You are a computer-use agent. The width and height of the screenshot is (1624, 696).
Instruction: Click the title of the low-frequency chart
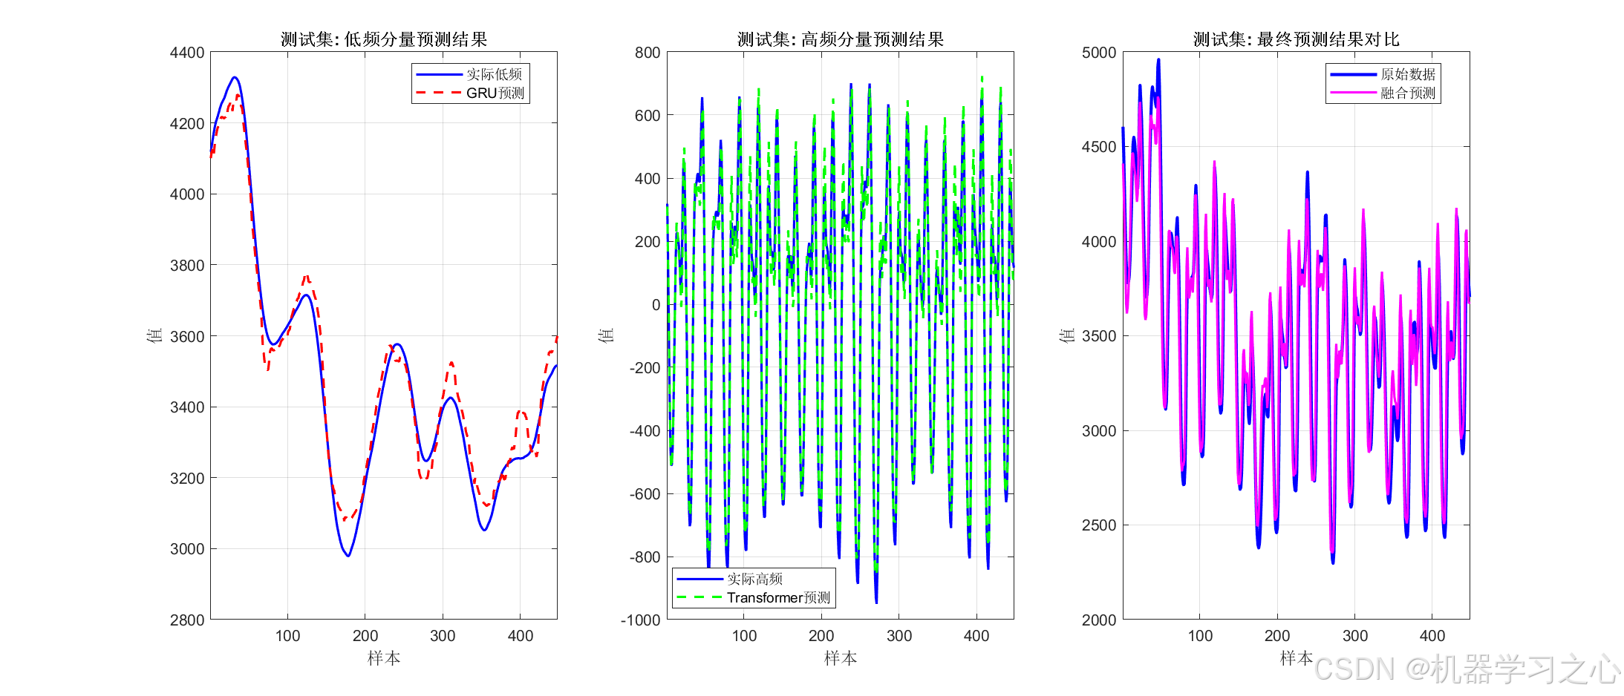pos(383,39)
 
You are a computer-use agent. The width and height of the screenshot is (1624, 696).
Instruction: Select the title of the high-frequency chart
pos(840,39)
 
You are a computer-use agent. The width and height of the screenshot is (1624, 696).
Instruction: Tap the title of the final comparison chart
pos(1296,39)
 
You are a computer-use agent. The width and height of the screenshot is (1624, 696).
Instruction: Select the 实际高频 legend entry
pos(754,579)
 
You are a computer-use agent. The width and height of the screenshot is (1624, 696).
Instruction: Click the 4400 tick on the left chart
pos(187,53)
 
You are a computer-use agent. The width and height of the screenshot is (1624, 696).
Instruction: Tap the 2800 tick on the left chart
pos(187,620)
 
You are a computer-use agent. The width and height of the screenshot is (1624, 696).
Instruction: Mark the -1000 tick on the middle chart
pos(640,620)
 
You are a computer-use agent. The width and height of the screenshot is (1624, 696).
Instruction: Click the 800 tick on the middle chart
pos(647,53)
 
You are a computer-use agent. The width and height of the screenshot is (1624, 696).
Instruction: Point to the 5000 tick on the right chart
pos(1099,53)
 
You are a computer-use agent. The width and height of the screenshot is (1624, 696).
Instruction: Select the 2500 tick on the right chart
pos(1099,525)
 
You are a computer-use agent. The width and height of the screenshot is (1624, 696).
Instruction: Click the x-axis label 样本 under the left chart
pos(383,658)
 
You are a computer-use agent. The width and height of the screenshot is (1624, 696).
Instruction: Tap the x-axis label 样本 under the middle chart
pos(840,658)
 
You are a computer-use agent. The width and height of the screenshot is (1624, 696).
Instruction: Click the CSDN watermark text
pos(1466,669)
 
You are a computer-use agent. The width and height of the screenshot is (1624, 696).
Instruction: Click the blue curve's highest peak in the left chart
pos(235,77)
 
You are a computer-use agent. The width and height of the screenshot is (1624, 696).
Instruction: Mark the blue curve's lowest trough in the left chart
pos(348,556)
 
